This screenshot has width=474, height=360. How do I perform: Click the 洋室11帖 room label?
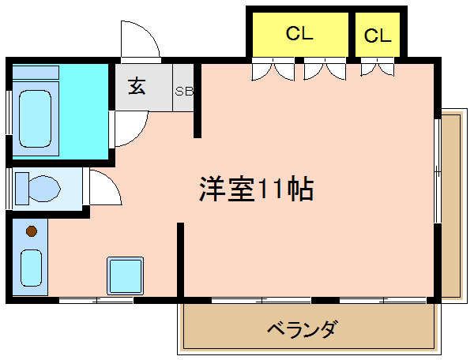pyautogui.click(x=255, y=189)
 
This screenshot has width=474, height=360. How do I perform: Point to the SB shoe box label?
pyautogui.click(x=184, y=91)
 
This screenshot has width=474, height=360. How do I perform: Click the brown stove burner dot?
pyautogui.click(x=31, y=231)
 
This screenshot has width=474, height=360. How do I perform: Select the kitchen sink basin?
pyautogui.click(x=31, y=267)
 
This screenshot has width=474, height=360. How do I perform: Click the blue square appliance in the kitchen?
pyautogui.click(x=125, y=275)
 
